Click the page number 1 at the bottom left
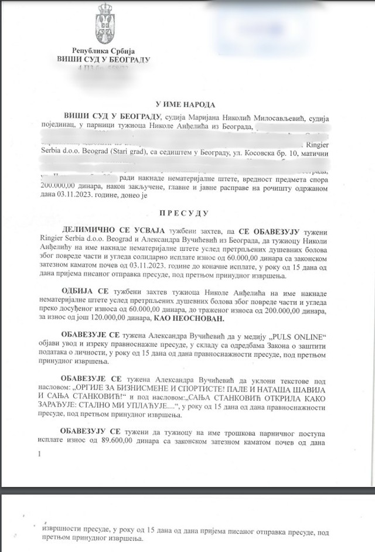tap(39, 454)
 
